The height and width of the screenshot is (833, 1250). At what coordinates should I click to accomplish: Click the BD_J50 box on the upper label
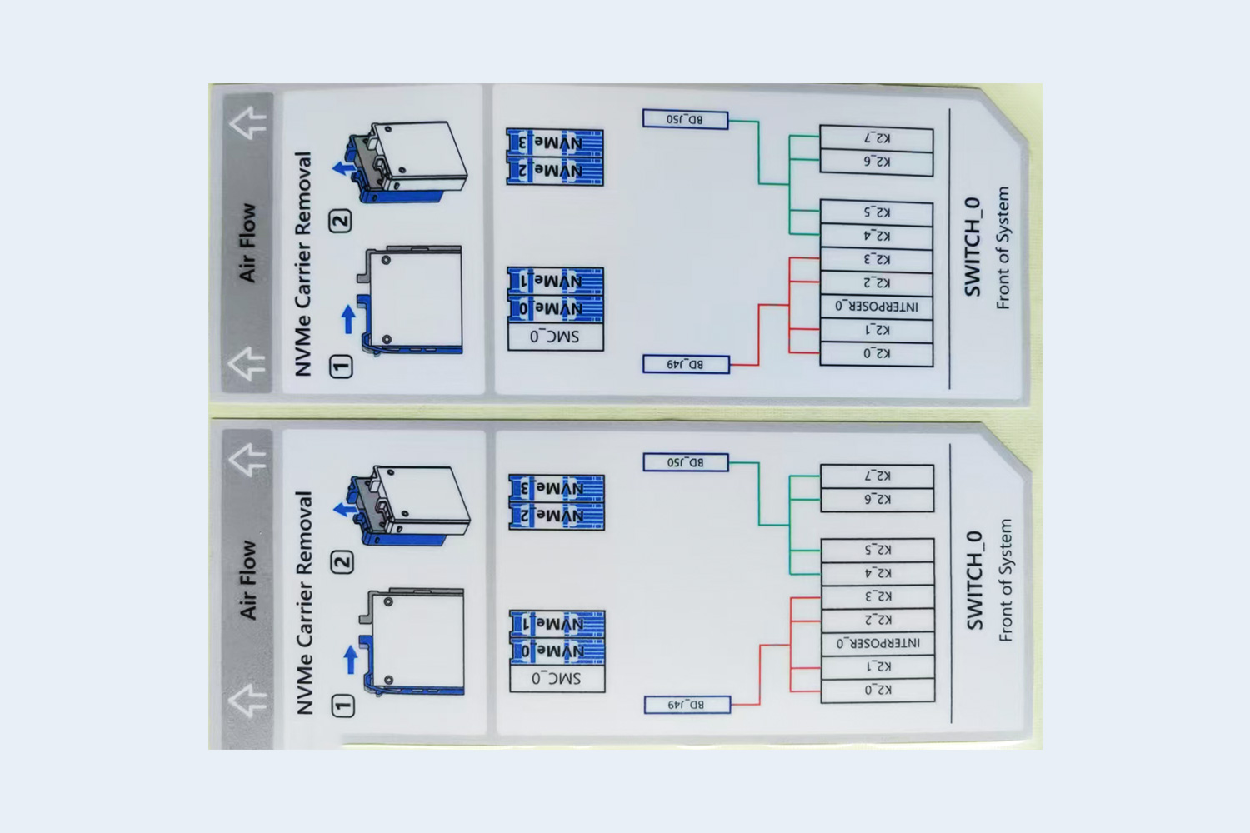tap(685, 120)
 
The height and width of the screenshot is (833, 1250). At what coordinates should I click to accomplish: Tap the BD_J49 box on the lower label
tap(687, 705)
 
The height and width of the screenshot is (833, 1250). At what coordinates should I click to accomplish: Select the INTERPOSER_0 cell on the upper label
tap(876, 307)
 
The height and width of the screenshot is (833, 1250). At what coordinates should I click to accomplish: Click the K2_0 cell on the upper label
tap(876, 353)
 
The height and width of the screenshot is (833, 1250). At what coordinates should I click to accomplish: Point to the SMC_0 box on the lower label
tap(557, 678)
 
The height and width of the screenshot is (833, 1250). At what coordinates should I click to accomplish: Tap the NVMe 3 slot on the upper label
tap(555, 142)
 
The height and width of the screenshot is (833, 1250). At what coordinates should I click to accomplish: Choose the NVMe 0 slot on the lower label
tap(557, 651)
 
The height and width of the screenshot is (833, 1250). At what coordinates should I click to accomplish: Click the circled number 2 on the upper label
tap(340, 221)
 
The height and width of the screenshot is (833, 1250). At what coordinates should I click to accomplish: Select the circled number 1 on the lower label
tap(342, 706)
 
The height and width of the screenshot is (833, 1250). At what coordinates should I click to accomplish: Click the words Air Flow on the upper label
tap(247, 242)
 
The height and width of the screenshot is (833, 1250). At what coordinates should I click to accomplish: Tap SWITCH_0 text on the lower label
tap(974, 581)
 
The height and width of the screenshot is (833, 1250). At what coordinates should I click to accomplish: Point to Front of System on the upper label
tap(1002, 247)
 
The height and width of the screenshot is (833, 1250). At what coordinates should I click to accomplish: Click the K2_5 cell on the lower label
tap(877, 550)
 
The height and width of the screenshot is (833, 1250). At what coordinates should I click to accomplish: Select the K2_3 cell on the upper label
tap(876, 259)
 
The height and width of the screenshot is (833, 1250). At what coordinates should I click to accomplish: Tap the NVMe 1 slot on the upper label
tap(555, 281)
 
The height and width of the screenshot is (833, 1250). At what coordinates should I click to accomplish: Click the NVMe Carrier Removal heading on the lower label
tap(304, 601)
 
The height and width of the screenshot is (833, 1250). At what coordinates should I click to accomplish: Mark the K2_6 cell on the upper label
tap(876, 162)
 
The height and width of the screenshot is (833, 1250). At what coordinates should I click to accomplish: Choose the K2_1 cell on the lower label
tap(877, 666)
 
